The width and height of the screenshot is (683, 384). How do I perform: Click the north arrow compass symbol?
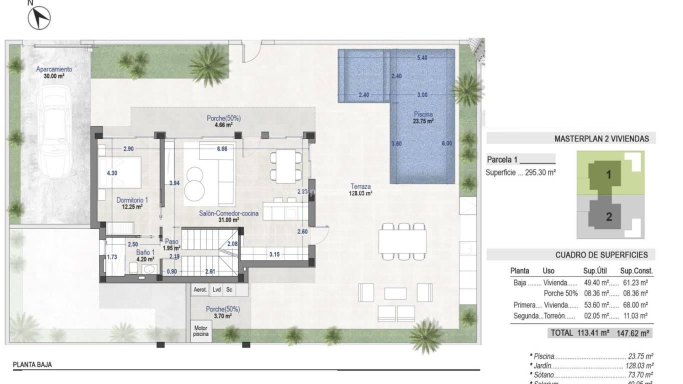click(x=40, y=18)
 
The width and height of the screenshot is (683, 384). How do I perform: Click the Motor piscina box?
click(x=201, y=330)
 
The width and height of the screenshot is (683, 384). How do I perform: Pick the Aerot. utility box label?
click(x=200, y=289)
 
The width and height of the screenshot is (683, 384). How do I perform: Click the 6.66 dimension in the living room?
click(x=222, y=149)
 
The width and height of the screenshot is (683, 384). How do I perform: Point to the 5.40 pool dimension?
click(x=422, y=58)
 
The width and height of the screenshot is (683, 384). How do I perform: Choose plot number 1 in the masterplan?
click(x=609, y=175)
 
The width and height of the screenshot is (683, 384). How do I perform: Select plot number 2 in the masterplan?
click(x=609, y=217)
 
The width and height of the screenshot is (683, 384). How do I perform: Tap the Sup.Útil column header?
click(x=595, y=271)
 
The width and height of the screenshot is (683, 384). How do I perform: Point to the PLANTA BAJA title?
click(x=32, y=365)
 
